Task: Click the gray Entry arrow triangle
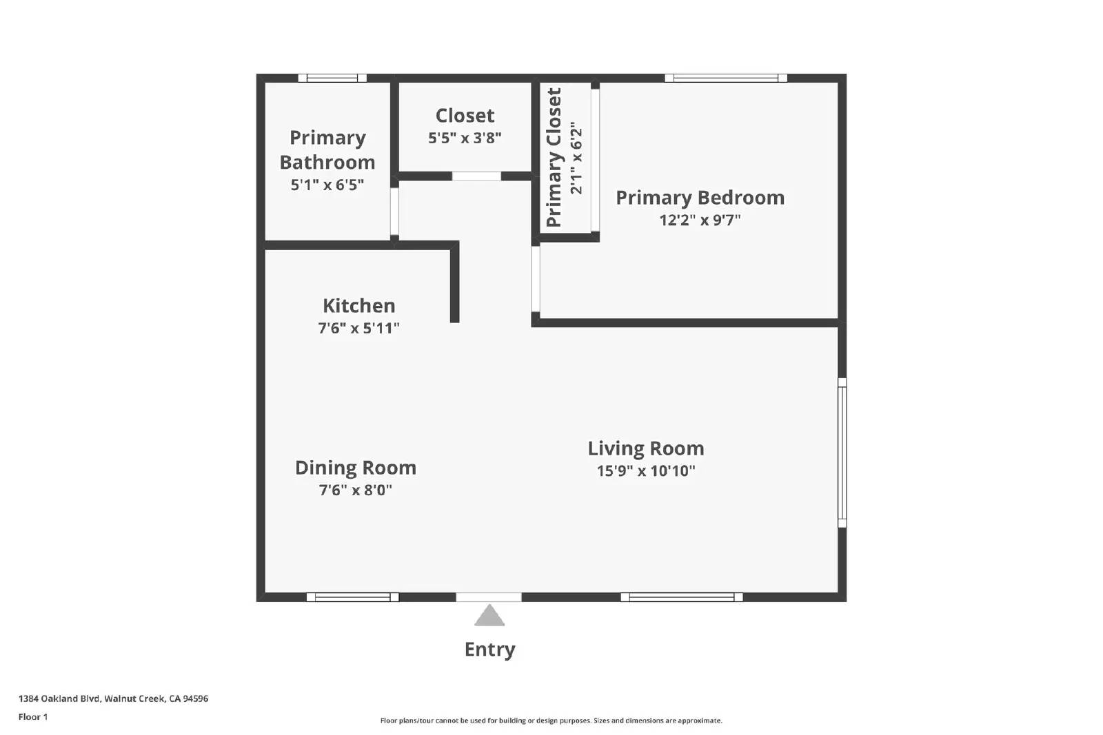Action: tap(489, 617)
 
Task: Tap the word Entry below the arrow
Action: tap(489, 650)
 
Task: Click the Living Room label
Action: tap(645, 448)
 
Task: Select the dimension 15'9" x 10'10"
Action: tap(645, 471)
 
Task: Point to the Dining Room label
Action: tap(355, 468)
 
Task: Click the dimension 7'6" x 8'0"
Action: tap(355, 490)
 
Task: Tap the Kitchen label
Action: tap(358, 306)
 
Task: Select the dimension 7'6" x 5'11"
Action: tap(358, 329)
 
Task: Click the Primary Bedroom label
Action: tap(700, 198)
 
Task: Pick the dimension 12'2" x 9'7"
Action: tap(700, 220)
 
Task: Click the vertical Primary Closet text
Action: tap(554, 158)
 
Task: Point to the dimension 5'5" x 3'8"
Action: tap(465, 138)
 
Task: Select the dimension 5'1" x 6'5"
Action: tap(327, 185)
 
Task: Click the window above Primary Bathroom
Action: tap(332, 78)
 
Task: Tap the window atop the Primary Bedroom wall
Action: tap(726, 78)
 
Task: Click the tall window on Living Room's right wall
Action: tap(842, 453)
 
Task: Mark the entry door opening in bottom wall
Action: tap(489, 597)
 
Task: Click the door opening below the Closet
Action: tap(476, 176)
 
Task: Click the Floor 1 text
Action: tap(33, 717)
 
